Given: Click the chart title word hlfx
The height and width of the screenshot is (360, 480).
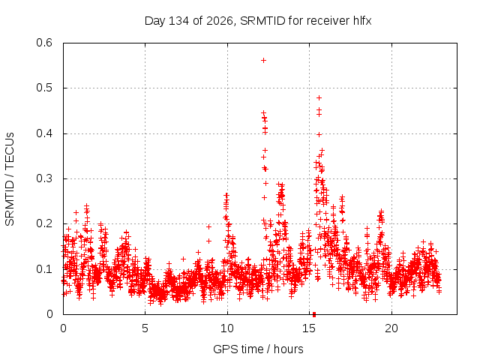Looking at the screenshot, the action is [x=362, y=21].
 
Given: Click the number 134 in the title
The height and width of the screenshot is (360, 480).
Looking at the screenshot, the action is [x=179, y=21].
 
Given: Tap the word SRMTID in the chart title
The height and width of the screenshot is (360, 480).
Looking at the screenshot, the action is [x=262, y=21].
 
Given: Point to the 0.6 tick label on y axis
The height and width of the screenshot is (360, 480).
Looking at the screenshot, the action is [x=44, y=43].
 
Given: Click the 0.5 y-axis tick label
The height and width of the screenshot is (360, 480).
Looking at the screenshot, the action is [x=44, y=88].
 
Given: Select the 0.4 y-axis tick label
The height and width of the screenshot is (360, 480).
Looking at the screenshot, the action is [x=44, y=133].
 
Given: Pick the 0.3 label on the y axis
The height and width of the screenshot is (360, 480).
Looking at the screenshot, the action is [x=44, y=178].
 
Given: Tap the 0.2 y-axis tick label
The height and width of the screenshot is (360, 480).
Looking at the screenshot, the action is [x=44, y=223].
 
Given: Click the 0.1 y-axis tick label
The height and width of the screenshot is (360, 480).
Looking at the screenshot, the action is [x=44, y=269].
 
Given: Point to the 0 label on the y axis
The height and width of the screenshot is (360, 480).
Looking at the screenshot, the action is [x=49, y=314].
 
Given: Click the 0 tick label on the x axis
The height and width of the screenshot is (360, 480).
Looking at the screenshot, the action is [x=63, y=328].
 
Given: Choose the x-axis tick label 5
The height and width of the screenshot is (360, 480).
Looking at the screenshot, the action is [x=145, y=328].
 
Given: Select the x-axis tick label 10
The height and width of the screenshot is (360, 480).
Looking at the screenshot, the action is [x=227, y=328].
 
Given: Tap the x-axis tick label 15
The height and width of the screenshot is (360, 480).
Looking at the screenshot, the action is [x=309, y=328].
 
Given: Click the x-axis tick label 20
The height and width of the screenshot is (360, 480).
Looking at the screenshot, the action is [x=391, y=328].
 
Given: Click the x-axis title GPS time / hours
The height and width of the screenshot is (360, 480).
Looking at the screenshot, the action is [x=258, y=349].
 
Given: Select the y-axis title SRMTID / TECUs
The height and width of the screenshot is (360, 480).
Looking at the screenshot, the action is [x=10, y=179].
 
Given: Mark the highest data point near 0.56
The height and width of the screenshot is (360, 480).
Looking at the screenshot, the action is [x=263, y=61].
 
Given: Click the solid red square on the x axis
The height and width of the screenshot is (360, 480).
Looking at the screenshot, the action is [x=314, y=315].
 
